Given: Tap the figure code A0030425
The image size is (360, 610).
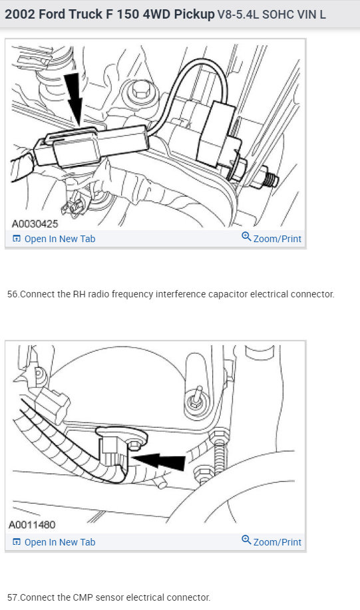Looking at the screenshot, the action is (x=35, y=224).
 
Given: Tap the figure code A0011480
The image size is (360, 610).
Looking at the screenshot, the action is (x=32, y=525).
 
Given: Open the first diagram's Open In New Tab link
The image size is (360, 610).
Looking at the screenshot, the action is (x=59, y=239).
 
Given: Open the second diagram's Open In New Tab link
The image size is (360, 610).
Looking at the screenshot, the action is (x=59, y=542).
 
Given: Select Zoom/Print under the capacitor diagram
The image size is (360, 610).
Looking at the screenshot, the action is (x=277, y=239).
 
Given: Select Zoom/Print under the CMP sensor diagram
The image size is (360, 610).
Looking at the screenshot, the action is (x=277, y=542).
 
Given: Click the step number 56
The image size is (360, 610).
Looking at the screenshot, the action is (x=13, y=294).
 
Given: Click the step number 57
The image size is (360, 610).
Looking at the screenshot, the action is (x=13, y=597).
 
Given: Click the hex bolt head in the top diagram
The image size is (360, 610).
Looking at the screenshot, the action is (x=139, y=91).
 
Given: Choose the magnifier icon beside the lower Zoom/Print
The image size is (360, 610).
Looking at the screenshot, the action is (x=246, y=539).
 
